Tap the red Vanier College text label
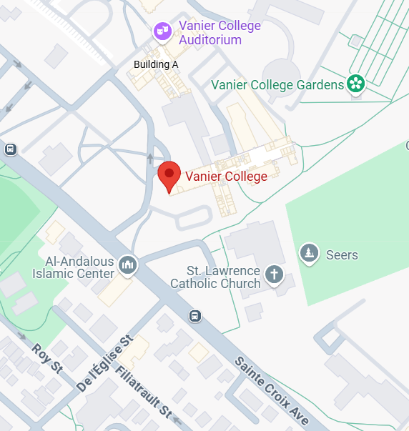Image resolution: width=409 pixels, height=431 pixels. (x=227, y=176)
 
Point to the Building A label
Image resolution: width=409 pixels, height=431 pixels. (x=156, y=64)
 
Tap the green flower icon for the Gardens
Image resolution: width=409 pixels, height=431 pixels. (x=355, y=84)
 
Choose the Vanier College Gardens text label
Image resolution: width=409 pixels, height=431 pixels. (x=278, y=85)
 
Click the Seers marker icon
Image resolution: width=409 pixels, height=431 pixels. (x=309, y=253)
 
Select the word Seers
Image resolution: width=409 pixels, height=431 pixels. (x=342, y=255)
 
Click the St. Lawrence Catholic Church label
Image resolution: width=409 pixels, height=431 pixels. (x=215, y=277)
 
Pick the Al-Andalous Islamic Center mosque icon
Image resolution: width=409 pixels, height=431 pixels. (x=128, y=266)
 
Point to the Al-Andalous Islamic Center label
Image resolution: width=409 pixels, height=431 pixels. (x=74, y=267)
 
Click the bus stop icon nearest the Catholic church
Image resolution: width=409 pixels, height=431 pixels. (x=194, y=316)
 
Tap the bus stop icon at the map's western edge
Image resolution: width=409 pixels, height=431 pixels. (x=10, y=149)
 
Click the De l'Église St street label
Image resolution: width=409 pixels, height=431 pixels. (x=105, y=362)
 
